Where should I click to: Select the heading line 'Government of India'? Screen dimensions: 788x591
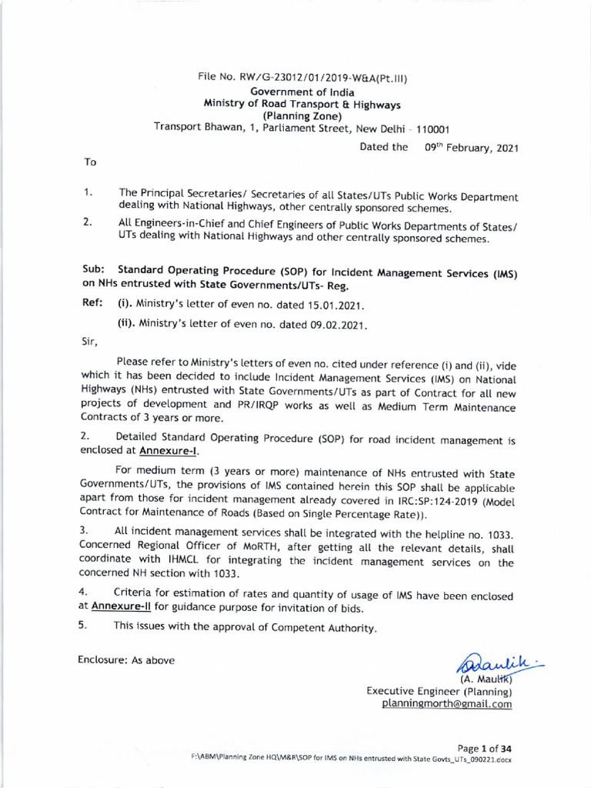tap(302, 92)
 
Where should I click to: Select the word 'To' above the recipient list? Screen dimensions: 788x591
tap(89, 163)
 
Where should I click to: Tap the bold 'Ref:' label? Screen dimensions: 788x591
tap(93, 303)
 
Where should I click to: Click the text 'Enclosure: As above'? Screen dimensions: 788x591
tap(126, 659)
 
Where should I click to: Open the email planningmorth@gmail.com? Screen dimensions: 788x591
tap(446, 703)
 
